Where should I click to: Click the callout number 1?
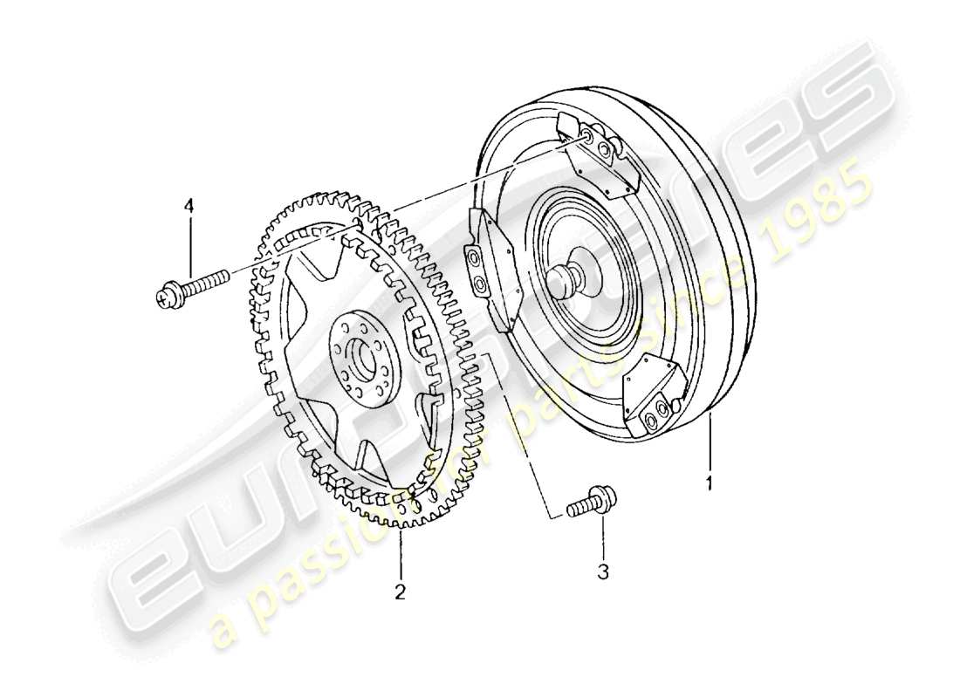click(x=710, y=481)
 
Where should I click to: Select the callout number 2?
click(x=400, y=592)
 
